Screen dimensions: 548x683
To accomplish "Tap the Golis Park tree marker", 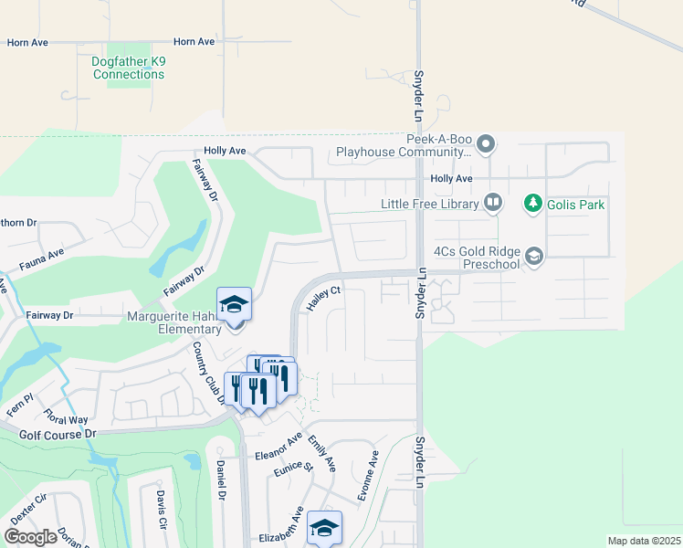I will click(x=533, y=204).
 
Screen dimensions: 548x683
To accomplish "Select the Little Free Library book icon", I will click(x=493, y=203).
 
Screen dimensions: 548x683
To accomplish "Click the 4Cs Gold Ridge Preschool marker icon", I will click(x=534, y=258).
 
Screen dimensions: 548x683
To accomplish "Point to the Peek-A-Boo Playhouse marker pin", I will click(x=486, y=143).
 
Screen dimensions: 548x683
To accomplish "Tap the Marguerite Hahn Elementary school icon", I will click(x=234, y=304).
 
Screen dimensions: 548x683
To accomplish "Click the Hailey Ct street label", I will click(x=323, y=299).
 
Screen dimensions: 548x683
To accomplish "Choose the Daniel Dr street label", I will click(x=221, y=479).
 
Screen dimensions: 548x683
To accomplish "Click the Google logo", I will click(x=31, y=537).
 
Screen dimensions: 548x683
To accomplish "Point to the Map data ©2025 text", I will click(x=644, y=541).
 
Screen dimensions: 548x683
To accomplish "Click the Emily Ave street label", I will click(x=321, y=453).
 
